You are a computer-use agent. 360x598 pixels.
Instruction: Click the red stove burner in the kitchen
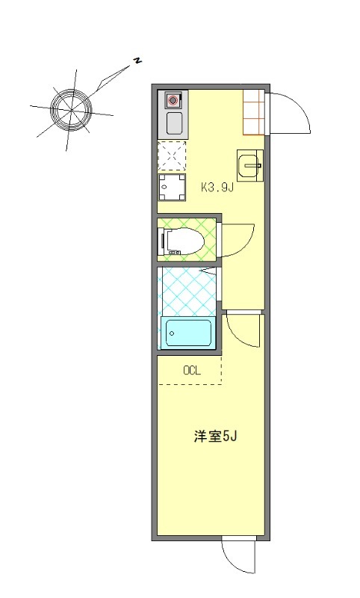173,99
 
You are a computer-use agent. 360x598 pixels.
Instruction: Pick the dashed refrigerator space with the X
173,155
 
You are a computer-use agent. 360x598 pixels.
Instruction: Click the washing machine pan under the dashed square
173,187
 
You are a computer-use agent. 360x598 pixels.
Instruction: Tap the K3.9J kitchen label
217,188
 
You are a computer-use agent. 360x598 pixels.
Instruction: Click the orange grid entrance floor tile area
254,111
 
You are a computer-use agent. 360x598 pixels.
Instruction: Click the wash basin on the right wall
249,164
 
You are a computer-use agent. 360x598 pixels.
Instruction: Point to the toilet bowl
183,241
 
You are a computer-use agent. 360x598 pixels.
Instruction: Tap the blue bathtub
187,332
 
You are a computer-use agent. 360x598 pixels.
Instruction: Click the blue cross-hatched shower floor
187,292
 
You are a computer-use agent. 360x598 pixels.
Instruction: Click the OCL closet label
192,370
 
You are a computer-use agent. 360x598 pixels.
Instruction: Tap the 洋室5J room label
214,437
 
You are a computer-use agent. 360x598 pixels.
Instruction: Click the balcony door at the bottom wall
239,557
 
